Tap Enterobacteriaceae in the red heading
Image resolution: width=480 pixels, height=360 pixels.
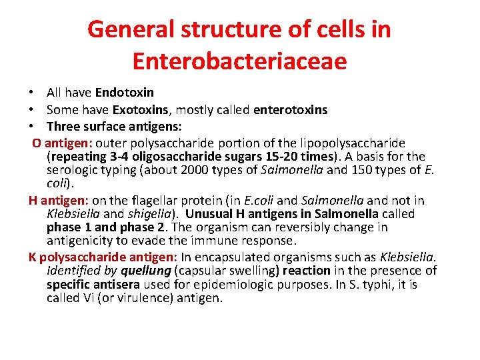pyautogui.click(x=240, y=61)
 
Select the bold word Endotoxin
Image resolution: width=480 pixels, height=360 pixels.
pyautogui.click(x=125, y=93)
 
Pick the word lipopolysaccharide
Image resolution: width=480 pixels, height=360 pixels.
pyautogui.click(x=351, y=143)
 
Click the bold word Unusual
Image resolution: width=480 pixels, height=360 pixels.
pyautogui.click(x=209, y=214)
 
